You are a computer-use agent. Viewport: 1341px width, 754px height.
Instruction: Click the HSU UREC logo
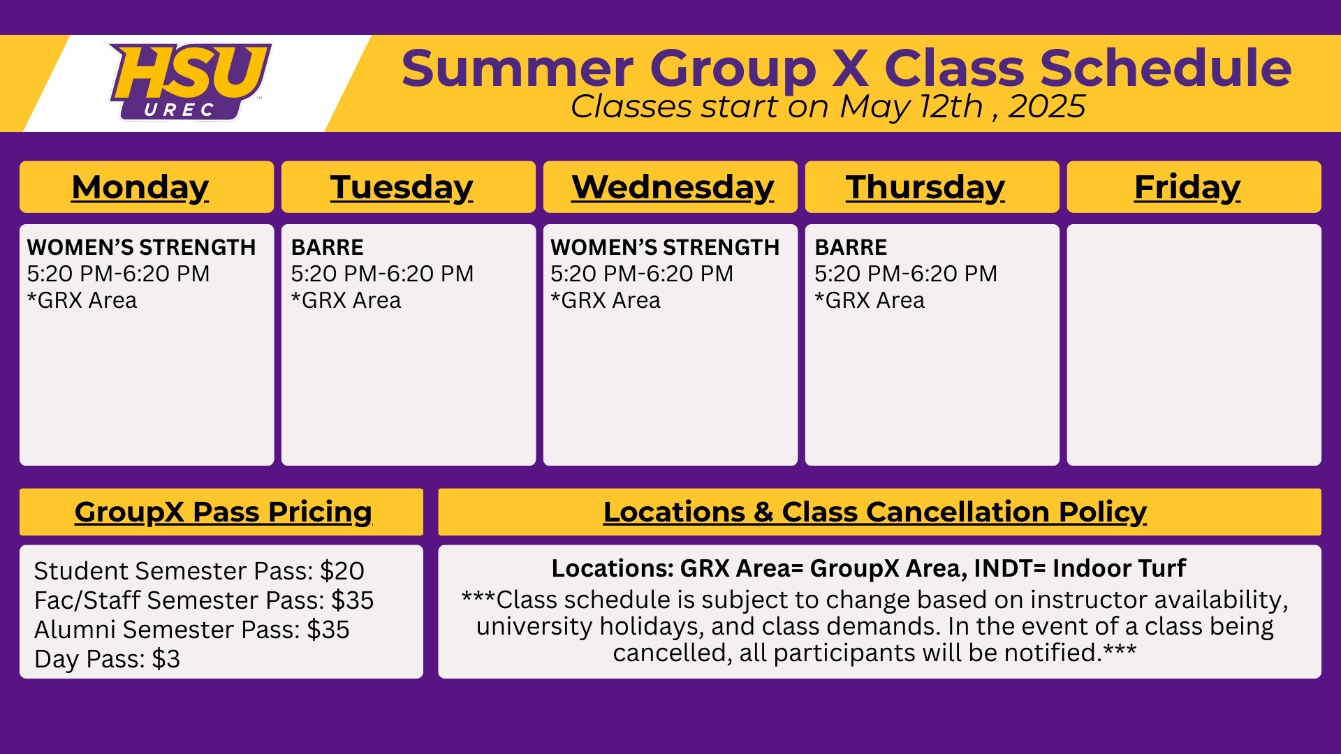pos(190,82)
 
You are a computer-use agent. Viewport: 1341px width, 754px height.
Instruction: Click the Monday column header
pos(140,187)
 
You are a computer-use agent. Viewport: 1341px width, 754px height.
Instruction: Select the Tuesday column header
pos(402,187)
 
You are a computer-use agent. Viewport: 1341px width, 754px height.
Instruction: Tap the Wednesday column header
pos(673,187)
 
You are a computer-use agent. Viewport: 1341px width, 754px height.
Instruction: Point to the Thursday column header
pos(925,187)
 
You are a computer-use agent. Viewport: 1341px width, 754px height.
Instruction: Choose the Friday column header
pos(1187,187)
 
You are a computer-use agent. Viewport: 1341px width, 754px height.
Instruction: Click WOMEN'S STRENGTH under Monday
pos(141,247)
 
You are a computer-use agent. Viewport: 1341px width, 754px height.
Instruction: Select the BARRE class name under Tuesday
pos(327,247)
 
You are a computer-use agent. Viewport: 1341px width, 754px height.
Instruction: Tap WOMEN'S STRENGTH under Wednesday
pos(665,247)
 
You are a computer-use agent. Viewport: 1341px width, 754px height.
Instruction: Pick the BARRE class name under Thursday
pos(851,247)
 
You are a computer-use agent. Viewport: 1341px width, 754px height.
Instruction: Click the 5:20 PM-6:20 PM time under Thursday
pos(906,274)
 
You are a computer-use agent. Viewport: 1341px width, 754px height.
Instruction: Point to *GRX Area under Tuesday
pos(346,300)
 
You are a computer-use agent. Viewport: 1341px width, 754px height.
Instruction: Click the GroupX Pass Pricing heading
pos(223,512)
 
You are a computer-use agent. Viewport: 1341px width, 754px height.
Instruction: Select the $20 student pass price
pos(342,571)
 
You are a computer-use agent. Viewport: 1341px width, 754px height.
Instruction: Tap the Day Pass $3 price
pos(166,659)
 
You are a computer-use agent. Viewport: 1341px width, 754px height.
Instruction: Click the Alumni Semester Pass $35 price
pos(328,630)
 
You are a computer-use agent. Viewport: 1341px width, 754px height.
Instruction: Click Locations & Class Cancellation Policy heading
pos(875,512)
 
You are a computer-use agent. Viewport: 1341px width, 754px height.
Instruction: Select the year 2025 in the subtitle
pos(1047,107)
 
